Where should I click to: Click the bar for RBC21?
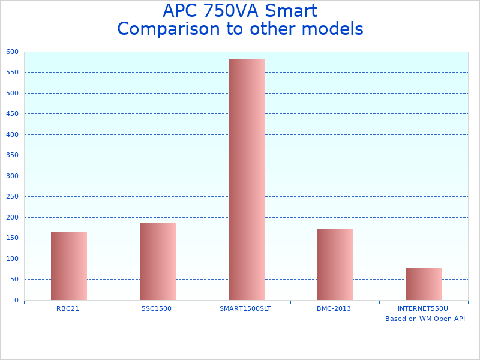point(69,266)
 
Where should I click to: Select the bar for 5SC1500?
point(158,261)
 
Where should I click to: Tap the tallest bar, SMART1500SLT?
point(247,179)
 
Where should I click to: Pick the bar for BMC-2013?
point(335,265)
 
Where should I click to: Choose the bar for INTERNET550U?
point(424,284)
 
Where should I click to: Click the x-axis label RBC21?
point(68,308)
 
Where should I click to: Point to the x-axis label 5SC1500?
point(157,308)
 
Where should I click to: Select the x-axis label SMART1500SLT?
point(245,308)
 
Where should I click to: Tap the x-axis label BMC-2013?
point(334,308)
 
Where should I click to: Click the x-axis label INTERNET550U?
point(423,308)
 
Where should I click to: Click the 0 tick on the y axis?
point(16,300)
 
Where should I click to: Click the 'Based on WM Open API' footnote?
point(425,319)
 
